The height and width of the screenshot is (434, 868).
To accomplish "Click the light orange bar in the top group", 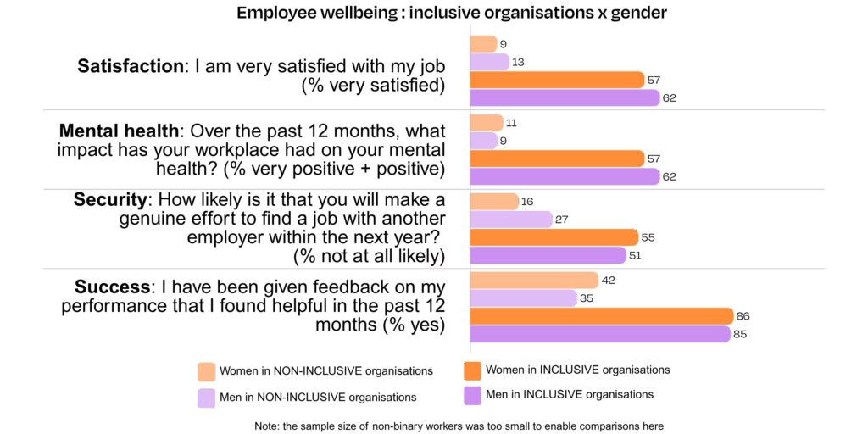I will point(483,44).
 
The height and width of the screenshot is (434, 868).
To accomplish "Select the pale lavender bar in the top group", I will point(489,62).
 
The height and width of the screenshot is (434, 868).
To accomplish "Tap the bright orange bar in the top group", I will point(557,81).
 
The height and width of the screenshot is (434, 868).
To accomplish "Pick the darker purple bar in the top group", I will point(565,98).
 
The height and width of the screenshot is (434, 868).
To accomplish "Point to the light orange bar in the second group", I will point(486,123).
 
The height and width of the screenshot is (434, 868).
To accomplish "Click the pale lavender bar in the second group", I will point(483,141).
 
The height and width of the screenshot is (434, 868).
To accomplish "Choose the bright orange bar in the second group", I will point(557,159).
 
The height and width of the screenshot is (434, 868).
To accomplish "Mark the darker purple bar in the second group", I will point(565,176).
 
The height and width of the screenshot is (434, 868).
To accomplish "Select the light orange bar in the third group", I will point(493,202).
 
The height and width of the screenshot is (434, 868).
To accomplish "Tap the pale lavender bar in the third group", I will point(510,220).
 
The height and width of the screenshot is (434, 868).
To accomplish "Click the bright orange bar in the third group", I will point(554,237).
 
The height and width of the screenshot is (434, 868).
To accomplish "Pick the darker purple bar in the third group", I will point(548,255).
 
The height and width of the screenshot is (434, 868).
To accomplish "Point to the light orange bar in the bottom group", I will point(534,281).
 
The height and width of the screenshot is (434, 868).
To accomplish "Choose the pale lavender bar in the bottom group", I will point(523,298).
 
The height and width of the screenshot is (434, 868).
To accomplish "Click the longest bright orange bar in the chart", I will point(601,316).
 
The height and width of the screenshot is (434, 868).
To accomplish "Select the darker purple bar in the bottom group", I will point(599,334).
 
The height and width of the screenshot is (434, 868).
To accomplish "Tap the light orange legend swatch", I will point(206,372).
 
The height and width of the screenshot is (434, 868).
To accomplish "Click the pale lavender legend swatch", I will point(206,398).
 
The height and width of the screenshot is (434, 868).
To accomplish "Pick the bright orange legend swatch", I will point(473,371).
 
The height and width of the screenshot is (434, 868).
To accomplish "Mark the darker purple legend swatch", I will point(473,396).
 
